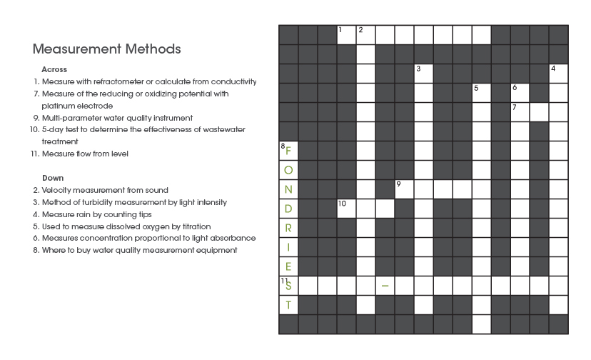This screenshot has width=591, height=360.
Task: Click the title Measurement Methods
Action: [x=106, y=49]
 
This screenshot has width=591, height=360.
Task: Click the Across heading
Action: [x=54, y=69]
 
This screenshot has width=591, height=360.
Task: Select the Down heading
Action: [x=53, y=178]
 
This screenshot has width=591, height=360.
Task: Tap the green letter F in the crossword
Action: [x=288, y=151]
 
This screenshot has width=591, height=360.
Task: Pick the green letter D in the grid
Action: [x=288, y=209]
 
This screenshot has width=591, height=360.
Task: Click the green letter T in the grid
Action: [x=288, y=305]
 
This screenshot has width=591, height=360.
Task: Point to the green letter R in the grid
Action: [x=288, y=228]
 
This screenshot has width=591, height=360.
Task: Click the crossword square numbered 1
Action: [x=346, y=34]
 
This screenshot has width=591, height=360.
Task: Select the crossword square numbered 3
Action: [x=423, y=73]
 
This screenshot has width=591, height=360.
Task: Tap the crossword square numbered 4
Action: [x=558, y=73]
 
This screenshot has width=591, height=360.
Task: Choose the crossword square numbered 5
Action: [x=481, y=92]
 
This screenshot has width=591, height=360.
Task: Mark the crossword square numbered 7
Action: [x=520, y=111]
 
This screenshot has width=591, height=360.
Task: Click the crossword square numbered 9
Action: [x=404, y=189]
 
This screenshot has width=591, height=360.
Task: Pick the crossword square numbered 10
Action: [x=346, y=208]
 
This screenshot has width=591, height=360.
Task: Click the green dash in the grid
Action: [x=385, y=286]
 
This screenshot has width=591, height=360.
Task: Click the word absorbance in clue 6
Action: [x=233, y=238]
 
